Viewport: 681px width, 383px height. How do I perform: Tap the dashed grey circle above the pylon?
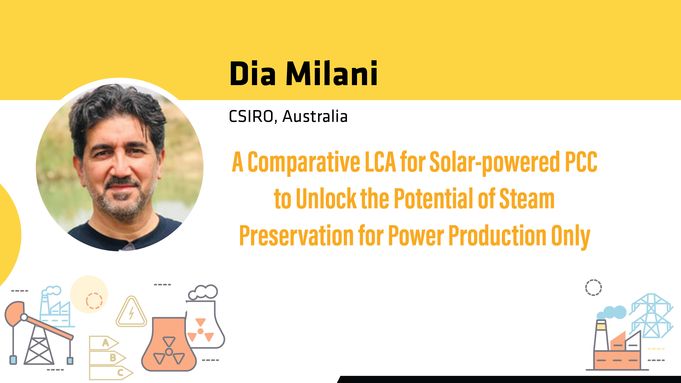coord(593,287)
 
